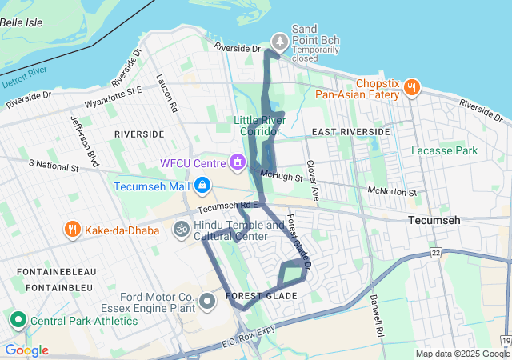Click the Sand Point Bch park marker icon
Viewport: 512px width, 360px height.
tap(279, 40)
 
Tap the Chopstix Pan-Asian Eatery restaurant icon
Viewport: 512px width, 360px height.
tap(412, 87)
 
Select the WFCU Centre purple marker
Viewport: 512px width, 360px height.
tap(237, 163)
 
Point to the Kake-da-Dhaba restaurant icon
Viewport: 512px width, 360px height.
tap(72, 230)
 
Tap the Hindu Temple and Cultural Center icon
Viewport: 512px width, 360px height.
tap(182, 230)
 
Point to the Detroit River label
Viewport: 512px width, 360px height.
tap(26, 81)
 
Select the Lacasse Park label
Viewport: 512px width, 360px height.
tap(444, 150)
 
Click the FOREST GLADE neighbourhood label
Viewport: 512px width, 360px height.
tap(262, 296)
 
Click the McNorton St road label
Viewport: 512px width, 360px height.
tap(392, 192)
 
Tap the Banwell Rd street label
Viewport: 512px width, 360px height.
tap(374, 316)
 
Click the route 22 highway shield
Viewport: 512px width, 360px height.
tap(435, 253)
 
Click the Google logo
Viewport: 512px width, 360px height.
tap(26, 350)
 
